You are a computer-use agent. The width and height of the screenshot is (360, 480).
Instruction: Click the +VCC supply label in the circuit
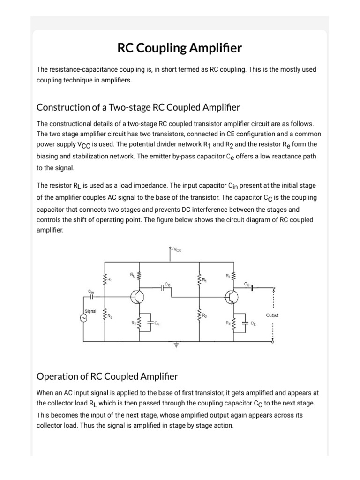pos(176,250)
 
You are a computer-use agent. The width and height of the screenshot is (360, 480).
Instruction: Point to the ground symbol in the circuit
pos(176,345)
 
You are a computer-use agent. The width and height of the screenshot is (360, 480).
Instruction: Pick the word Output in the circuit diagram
pos(272,315)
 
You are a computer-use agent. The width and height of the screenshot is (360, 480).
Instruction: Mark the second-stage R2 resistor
pos(199,315)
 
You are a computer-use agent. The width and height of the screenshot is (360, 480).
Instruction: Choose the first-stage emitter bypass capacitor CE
pos(151,323)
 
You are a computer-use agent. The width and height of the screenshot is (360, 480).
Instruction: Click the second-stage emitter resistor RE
pos(232,322)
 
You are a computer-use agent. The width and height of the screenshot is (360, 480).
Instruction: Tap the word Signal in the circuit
pos(90,310)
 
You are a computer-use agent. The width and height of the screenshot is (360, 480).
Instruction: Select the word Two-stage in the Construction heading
pos(128,107)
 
